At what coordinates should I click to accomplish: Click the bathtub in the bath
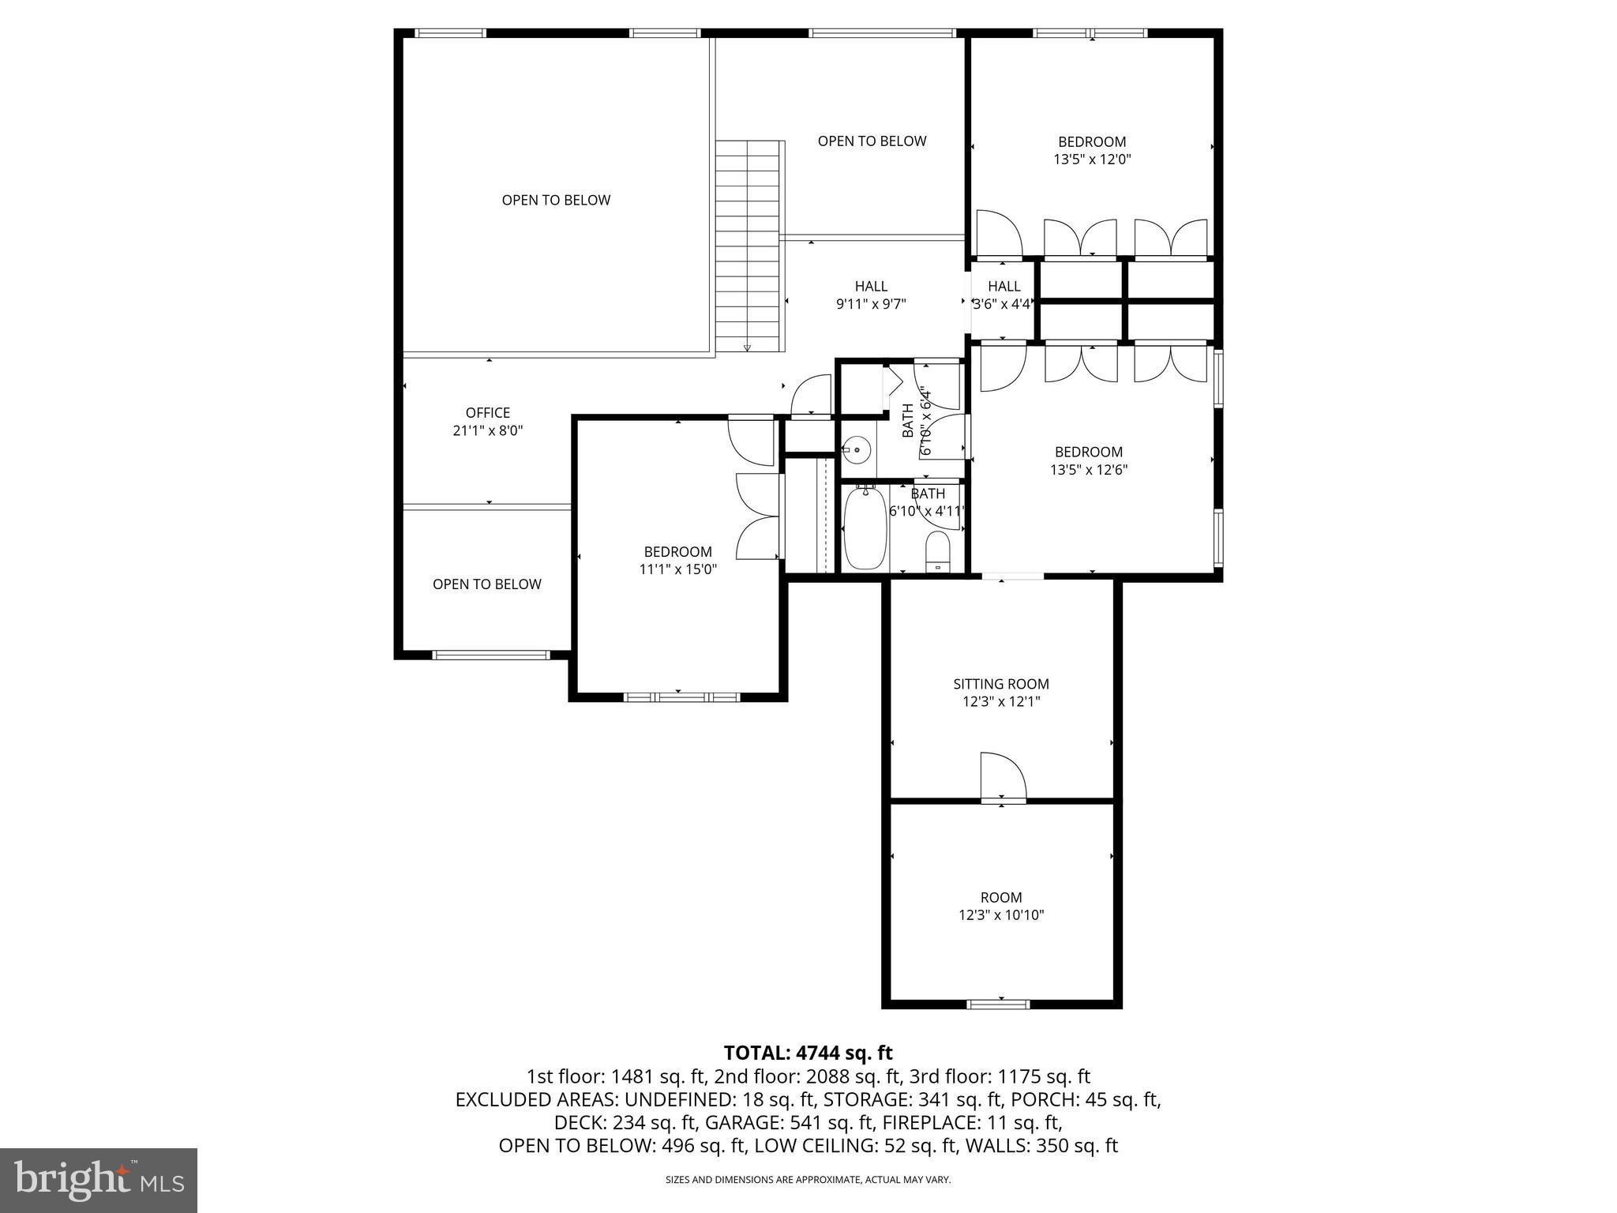tap(864, 528)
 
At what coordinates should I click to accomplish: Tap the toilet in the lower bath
tap(937, 550)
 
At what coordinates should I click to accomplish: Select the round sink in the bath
tap(856, 450)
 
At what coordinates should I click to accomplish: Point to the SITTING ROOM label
tap(1000, 684)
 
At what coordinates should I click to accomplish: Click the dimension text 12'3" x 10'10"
tap(1001, 915)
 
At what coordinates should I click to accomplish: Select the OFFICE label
tap(487, 412)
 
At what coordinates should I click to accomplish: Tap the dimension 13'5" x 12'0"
tap(1092, 159)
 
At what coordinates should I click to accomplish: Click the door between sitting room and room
tap(1003, 778)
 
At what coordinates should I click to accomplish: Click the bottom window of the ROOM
tap(999, 1004)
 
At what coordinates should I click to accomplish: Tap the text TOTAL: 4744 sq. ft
tap(808, 1053)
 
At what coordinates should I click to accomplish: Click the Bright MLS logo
tap(99, 1180)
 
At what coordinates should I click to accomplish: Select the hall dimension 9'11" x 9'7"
tap(871, 303)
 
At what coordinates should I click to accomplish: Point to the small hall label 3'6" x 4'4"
tap(1001, 303)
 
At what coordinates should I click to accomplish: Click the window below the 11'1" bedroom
tap(681, 697)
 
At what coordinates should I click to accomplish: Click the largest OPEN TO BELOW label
tap(556, 200)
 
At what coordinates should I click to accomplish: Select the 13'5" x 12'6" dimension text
tap(1088, 469)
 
